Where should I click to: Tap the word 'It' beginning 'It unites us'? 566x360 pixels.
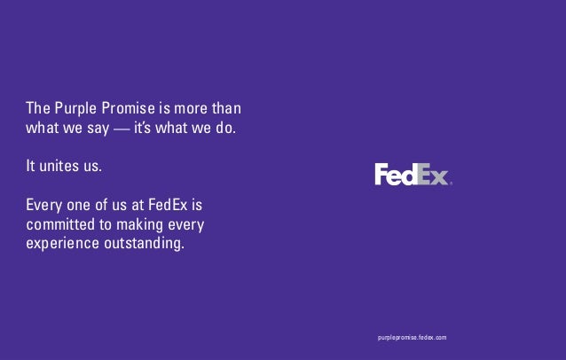point(31,166)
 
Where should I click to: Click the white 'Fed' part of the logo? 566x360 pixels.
point(394,175)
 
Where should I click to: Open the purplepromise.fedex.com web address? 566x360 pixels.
point(412,339)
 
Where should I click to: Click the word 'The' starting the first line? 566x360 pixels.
point(36,109)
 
